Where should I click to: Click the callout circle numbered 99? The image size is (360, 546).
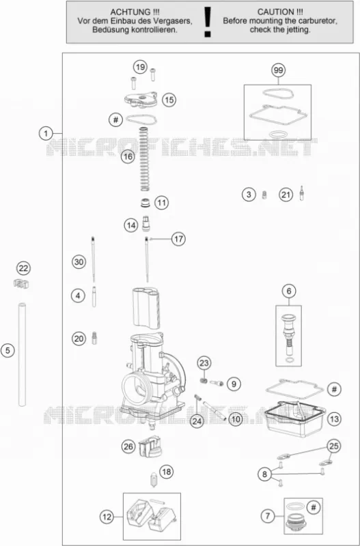[278, 70]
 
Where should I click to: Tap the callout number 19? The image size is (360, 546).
[140, 67]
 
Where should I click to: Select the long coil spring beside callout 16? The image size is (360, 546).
[144, 159]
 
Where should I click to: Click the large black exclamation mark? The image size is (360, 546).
[208, 23]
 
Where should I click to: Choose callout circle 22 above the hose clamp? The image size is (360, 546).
[23, 268]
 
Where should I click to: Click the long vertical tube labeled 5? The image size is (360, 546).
[22, 354]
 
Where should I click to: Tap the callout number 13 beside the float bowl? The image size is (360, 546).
[334, 419]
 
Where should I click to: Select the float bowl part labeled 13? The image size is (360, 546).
[294, 419]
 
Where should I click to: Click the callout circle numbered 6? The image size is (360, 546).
[289, 291]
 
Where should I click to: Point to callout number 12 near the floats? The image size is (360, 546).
[107, 517]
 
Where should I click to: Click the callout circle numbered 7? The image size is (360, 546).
[268, 516]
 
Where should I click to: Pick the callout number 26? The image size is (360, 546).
[128, 446]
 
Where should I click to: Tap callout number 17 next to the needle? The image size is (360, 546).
[178, 239]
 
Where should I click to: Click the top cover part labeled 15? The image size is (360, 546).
[141, 99]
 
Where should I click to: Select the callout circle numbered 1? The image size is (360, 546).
[46, 133]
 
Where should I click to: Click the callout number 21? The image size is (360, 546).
[286, 195]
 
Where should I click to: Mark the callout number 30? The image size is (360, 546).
[79, 262]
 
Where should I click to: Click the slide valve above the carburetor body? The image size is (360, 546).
[146, 308]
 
